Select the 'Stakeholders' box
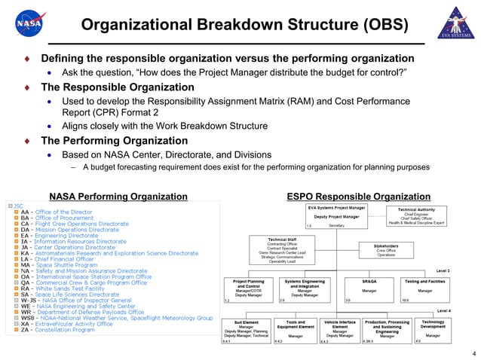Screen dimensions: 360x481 coord(385,249)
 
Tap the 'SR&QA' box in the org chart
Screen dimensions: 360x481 coord(369,285)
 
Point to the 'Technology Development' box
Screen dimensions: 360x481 coord(433,328)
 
